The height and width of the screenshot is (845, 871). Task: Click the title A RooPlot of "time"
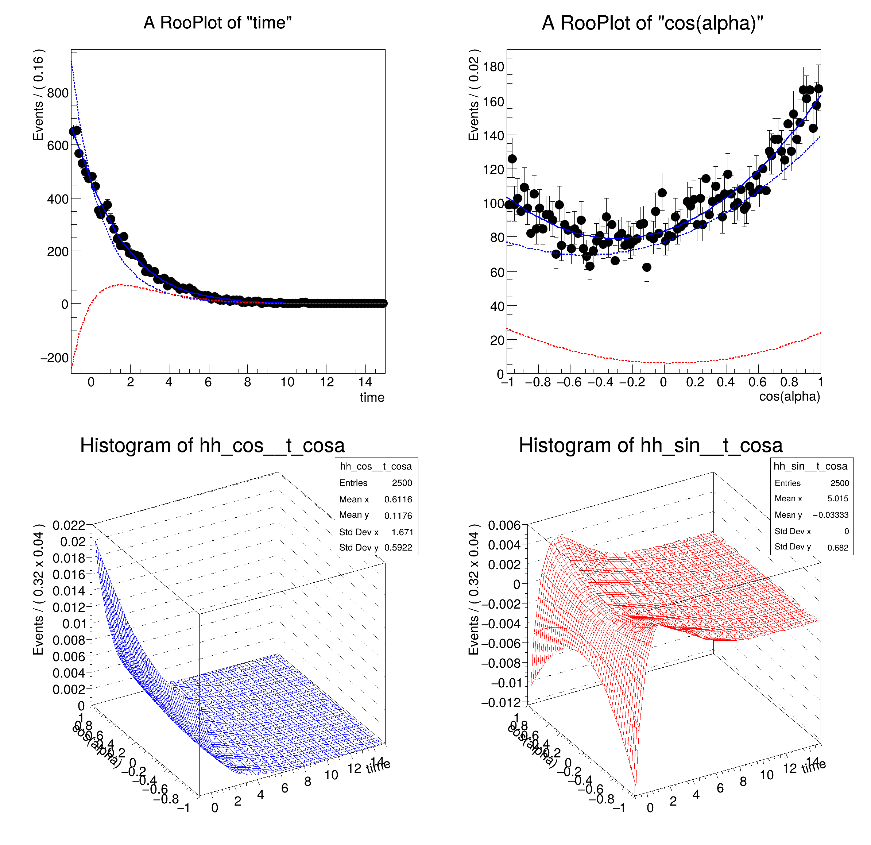click(x=217, y=23)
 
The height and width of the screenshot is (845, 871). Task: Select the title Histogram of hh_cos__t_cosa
click(x=212, y=445)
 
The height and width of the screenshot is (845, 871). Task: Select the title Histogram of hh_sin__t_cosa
click(x=651, y=445)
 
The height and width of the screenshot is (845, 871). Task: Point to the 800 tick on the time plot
click(x=58, y=93)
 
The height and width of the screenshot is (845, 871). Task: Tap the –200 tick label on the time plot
click(x=55, y=358)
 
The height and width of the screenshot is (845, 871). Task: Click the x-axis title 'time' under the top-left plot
click(x=372, y=397)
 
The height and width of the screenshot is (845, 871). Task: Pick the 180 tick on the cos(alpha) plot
click(x=494, y=67)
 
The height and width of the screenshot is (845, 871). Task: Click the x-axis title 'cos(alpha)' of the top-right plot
click(x=789, y=397)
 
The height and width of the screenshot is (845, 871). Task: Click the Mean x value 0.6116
click(x=398, y=499)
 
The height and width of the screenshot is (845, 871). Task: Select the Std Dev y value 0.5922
click(x=398, y=548)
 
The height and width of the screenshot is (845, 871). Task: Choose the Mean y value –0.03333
click(x=831, y=515)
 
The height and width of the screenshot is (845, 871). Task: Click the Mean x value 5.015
click(x=838, y=499)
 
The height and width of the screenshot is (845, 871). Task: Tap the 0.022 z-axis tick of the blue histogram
click(x=69, y=525)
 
